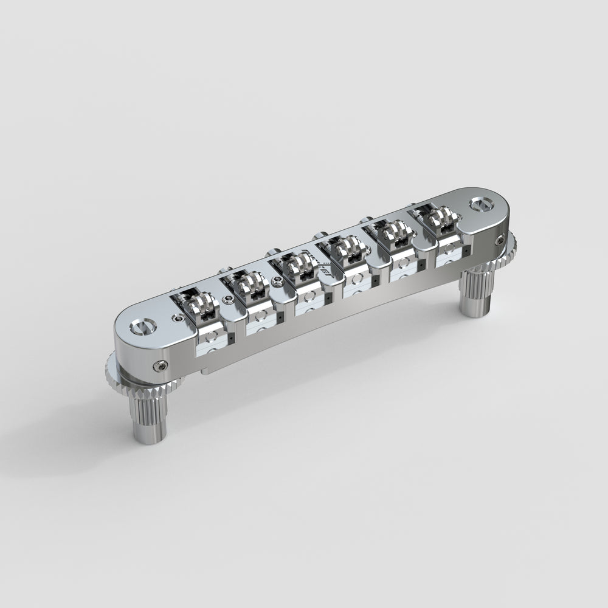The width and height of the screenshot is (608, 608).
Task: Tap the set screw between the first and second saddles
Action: point(227,299)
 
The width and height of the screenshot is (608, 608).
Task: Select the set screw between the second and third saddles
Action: point(277,280)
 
